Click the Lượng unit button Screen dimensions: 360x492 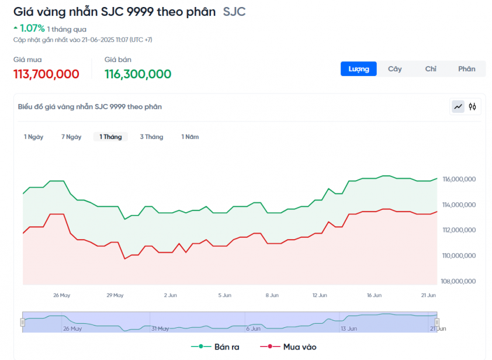pos(359,69)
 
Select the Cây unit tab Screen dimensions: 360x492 pos(395,69)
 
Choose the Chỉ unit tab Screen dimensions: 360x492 pos(431,69)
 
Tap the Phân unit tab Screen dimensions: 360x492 pos(466,69)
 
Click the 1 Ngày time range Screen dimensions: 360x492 pos(33,137)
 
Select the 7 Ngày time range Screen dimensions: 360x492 pos(71,137)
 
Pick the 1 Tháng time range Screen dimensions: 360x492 pos(110,137)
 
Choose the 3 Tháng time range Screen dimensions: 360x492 pos(151,137)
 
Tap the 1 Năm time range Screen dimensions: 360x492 pos(190,137)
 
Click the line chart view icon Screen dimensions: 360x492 pos(458,106)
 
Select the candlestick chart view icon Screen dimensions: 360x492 pos(473,106)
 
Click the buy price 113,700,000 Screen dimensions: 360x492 pos(46,74)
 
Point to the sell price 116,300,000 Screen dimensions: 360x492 pos(138,74)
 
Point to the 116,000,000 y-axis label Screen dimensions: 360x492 pos(459,179)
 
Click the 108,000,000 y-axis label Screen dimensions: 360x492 pos(459,281)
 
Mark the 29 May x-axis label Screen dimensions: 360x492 pos(115,295)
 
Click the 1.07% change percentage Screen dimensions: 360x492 pos(32,28)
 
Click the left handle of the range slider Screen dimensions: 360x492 pos(23,322)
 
